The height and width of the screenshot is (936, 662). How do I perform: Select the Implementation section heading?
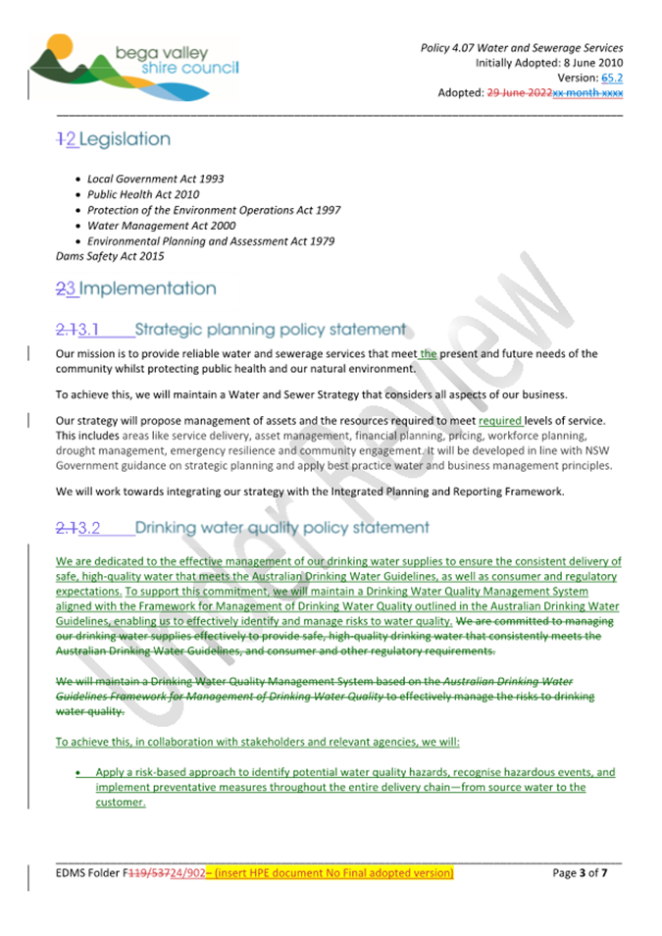pyautogui.click(x=147, y=288)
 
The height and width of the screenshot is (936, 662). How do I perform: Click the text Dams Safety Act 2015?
pyautogui.click(x=111, y=256)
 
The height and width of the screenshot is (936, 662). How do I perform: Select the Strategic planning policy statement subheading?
pyautogui.click(x=270, y=330)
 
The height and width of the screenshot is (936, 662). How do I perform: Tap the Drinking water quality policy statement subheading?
pyautogui.click(x=281, y=528)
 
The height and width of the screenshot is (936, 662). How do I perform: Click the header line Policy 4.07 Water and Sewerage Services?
pyautogui.click(x=521, y=48)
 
